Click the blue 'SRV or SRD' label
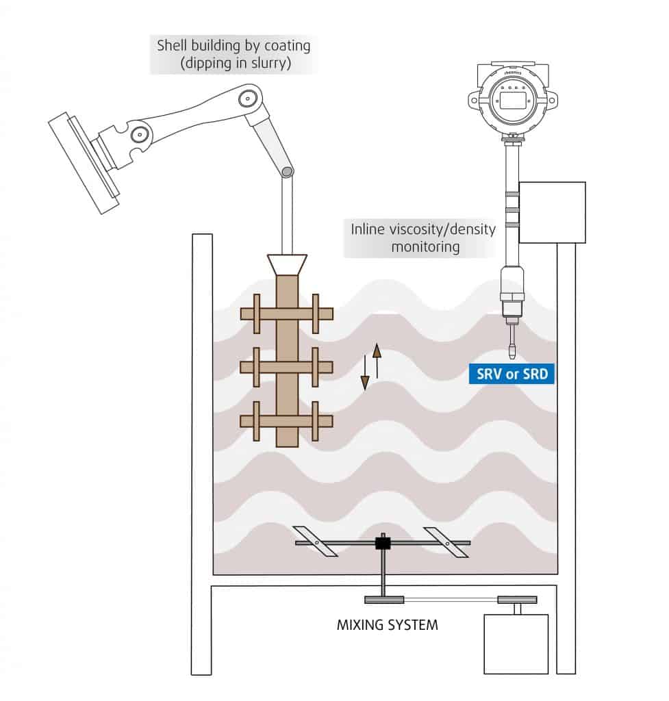click(x=512, y=374)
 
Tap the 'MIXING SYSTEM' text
click(x=388, y=624)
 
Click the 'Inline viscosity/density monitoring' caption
click(x=422, y=238)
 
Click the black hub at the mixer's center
click(x=382, y=543)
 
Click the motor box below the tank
click(x=516, y=643)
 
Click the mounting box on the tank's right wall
click(x=552, y=212)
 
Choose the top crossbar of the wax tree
click(x=286, y=314)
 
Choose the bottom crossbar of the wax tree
click(x=286, y=420)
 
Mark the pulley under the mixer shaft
click(x=383, y=600)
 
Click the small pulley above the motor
click(x=516, y=600)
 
